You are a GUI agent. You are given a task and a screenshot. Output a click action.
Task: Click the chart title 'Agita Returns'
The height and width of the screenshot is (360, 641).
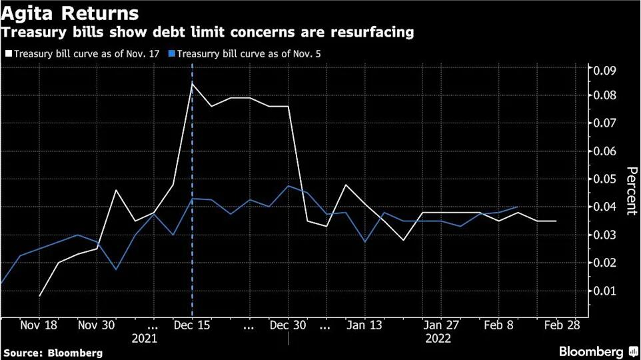[x=70, y=13]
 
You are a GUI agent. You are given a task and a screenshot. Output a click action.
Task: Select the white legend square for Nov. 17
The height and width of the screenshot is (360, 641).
[x=8, y=54]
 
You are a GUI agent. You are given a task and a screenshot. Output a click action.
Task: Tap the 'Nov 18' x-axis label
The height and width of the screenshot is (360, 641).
[x=39, y=326]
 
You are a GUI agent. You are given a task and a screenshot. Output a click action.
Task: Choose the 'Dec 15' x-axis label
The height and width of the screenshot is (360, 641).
[x=193, y=326]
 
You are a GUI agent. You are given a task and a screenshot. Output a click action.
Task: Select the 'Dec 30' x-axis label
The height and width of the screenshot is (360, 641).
[x=288, y=326]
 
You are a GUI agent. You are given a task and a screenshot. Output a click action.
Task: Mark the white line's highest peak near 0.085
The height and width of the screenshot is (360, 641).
[x=193, y=84]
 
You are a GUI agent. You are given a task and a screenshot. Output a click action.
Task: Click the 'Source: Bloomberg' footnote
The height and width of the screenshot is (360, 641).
[x=53, y=352]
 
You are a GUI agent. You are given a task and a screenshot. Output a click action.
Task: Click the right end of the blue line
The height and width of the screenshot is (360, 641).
[x=518, y=207]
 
